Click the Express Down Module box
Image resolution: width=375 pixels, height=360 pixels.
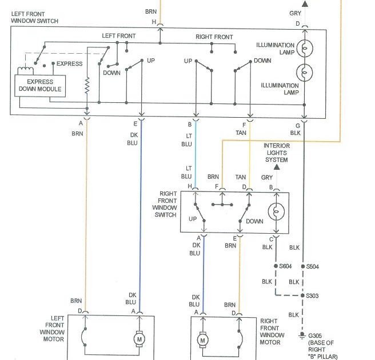click(x=39, y=86)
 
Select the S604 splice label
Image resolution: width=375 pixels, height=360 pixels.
click(x=285, y=266)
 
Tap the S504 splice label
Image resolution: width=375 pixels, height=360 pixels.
click(x=314, y=266)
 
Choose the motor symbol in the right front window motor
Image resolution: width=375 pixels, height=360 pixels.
click(x=202, y=341)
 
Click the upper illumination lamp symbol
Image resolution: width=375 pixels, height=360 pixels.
click(x=304, y=49)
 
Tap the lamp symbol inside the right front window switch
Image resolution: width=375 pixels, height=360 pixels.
click(x=277, y=211)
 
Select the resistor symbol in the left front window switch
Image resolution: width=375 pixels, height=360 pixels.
click(x=87, y=86)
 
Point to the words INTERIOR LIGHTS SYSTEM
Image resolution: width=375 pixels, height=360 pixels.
click(x=277, y=153)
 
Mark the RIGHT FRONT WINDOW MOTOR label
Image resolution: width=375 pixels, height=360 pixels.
click(x=270, y=332)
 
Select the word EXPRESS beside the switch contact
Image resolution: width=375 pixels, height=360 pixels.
click(x=69, y=63)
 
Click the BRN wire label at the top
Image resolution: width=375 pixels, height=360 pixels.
click(x=151, y=11)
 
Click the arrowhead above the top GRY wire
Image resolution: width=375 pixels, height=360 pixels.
click(x=305, y=3)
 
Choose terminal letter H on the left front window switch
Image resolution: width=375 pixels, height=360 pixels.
click(x=153, y=22)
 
